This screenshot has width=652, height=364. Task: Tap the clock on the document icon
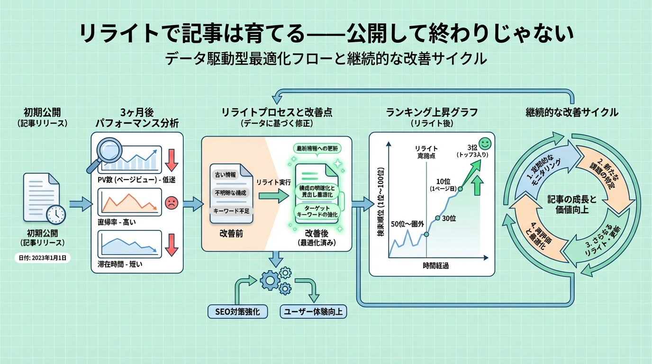click(x=56, y=215)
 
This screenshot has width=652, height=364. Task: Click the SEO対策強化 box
click(x=238, y=311)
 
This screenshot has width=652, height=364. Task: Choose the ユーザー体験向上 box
click(x=313, y=311)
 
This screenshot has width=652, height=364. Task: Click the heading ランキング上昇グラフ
click(x=432, y=112)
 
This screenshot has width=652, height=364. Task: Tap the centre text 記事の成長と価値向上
click(x=571, y=204)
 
